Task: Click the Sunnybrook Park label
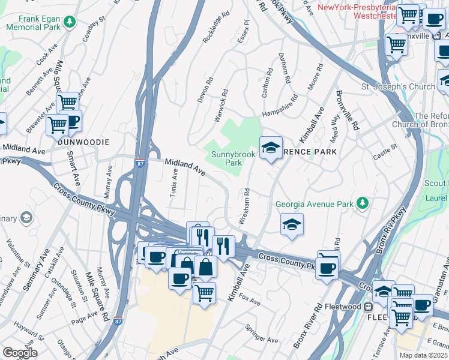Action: pyautogui.click(x=234, y=158)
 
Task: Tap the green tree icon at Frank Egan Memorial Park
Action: pyautogui.click(x=70, y=22)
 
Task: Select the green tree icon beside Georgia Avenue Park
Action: pyautogui.click(x=362, y=204)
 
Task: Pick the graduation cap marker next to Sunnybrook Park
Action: pyautogui.click(x=271, y=148)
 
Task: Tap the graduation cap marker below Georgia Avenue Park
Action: pyautogui.click(x=292, y=224)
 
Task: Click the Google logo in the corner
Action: pyautogui.click(x=20, y=353)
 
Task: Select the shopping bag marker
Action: pyautogui.click(x=205, y=267)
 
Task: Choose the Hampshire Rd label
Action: pyautogui.click(x=279, y=106)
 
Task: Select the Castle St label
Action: pyautogui.click(x=385, y=151)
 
